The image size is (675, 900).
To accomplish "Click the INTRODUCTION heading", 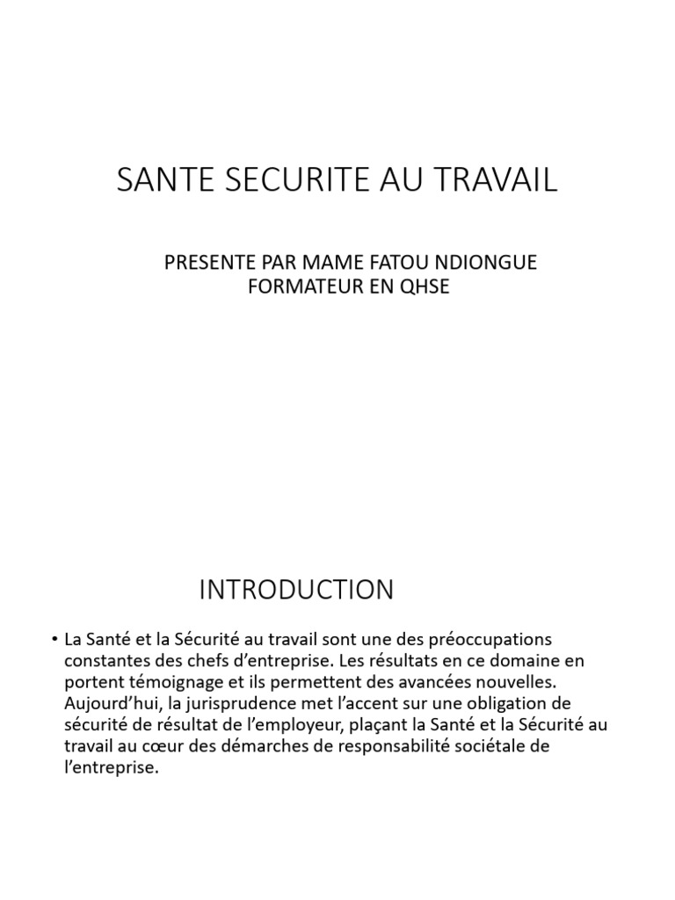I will point(296,590).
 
